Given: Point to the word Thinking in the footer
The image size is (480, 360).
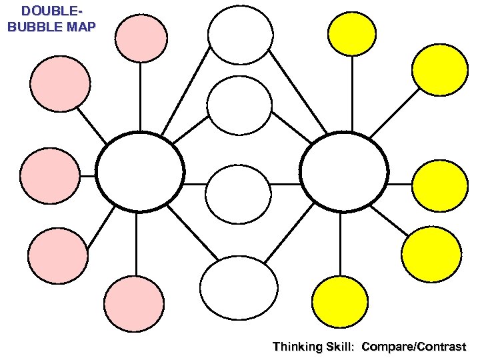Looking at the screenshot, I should [x=297, y=347].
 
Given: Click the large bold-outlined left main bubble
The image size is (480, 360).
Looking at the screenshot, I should [x=139, y=172].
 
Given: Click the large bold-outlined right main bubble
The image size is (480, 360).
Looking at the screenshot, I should [x=344, y=172].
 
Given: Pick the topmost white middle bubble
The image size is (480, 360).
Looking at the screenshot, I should [x=240, y=35].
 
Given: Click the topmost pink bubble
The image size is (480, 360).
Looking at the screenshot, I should [x=141, y=37].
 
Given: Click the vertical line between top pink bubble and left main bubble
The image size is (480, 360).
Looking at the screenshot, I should [x=140, y=97].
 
